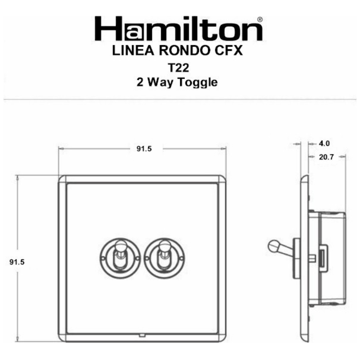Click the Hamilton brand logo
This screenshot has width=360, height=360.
click(178, 29)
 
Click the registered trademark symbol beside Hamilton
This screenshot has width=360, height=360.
click(260, 20)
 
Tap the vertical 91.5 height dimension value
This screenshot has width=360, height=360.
click(17, 262)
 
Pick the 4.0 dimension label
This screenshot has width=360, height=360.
click(324, 143)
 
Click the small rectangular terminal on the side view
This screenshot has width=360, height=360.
click(323, 257)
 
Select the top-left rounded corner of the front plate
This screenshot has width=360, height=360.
click(63, 180)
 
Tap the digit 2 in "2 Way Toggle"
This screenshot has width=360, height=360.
click(139, 82)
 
